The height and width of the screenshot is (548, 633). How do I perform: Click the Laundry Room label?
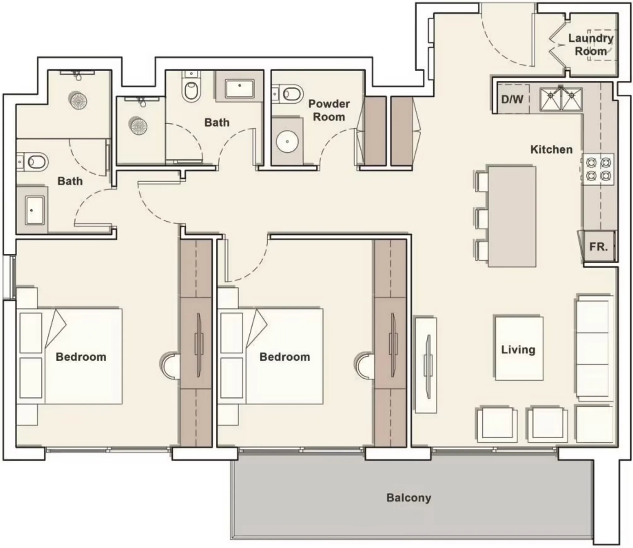[x=591, y=44]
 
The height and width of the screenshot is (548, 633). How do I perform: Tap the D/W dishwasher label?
[x=512, y=100]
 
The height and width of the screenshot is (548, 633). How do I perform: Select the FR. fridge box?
[x=598, y=247]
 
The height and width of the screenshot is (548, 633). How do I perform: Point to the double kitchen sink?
[x=561, y=99]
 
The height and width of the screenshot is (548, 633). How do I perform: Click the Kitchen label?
[x=551, y=149]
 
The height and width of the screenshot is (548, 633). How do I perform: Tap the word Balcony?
[x=409, y=498]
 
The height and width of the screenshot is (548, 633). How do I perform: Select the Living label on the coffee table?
[x=518, y=349]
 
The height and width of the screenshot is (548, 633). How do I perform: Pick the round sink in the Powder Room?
[x=287, y=142]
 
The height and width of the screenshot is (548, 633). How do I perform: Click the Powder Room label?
[x=329, y=110]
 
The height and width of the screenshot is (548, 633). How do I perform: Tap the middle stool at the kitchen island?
[x=482, y=218]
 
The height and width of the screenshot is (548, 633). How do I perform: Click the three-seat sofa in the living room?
[x=595, y=348]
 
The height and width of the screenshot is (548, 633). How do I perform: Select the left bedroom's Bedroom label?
[x=81, y=357]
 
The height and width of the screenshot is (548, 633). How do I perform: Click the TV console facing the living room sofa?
[x=426, y=365]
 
